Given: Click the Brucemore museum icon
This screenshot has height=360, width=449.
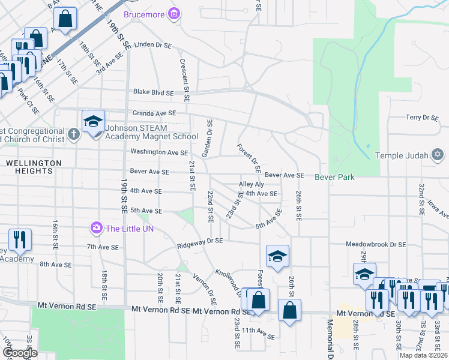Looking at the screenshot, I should tap(174, 14).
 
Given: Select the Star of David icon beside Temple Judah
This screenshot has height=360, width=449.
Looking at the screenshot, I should tap(438, 155).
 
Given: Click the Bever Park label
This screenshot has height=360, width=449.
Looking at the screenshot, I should tap(335, 177).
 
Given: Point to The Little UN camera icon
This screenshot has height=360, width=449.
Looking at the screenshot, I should tap(96, 228).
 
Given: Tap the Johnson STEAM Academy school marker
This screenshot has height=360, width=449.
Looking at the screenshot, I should tap(94, 123).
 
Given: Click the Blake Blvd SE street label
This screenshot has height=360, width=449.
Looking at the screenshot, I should tap(153, 93).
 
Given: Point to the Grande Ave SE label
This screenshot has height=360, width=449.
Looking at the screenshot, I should tap(154, 113).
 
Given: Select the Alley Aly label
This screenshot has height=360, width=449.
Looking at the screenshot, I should tap(252, 184).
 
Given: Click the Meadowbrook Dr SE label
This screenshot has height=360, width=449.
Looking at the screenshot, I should tap(376, 245).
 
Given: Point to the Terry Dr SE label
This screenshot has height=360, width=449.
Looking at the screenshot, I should tap(423, 118).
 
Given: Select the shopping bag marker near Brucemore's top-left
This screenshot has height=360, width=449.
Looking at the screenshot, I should tap(65, 19).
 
